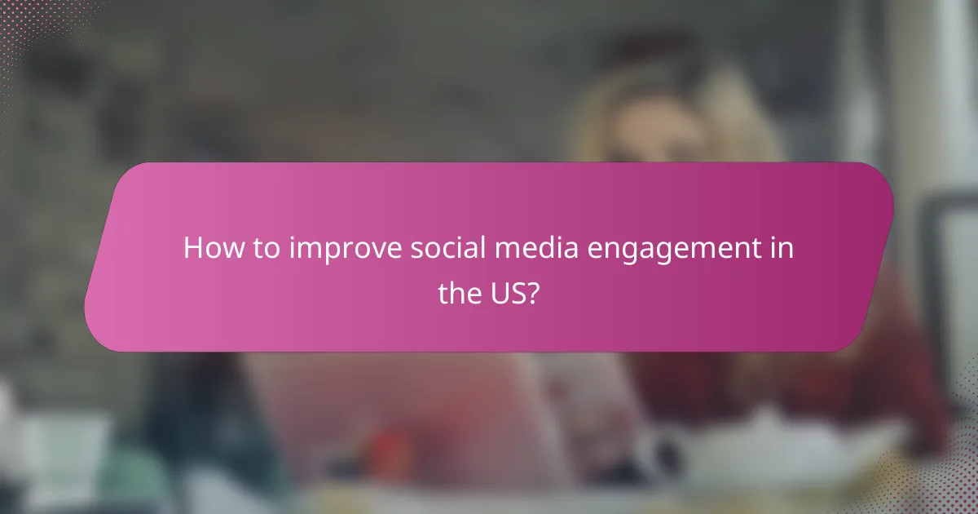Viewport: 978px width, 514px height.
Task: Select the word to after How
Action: tap(263, 249)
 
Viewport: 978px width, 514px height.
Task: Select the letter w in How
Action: tap(227, 250)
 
